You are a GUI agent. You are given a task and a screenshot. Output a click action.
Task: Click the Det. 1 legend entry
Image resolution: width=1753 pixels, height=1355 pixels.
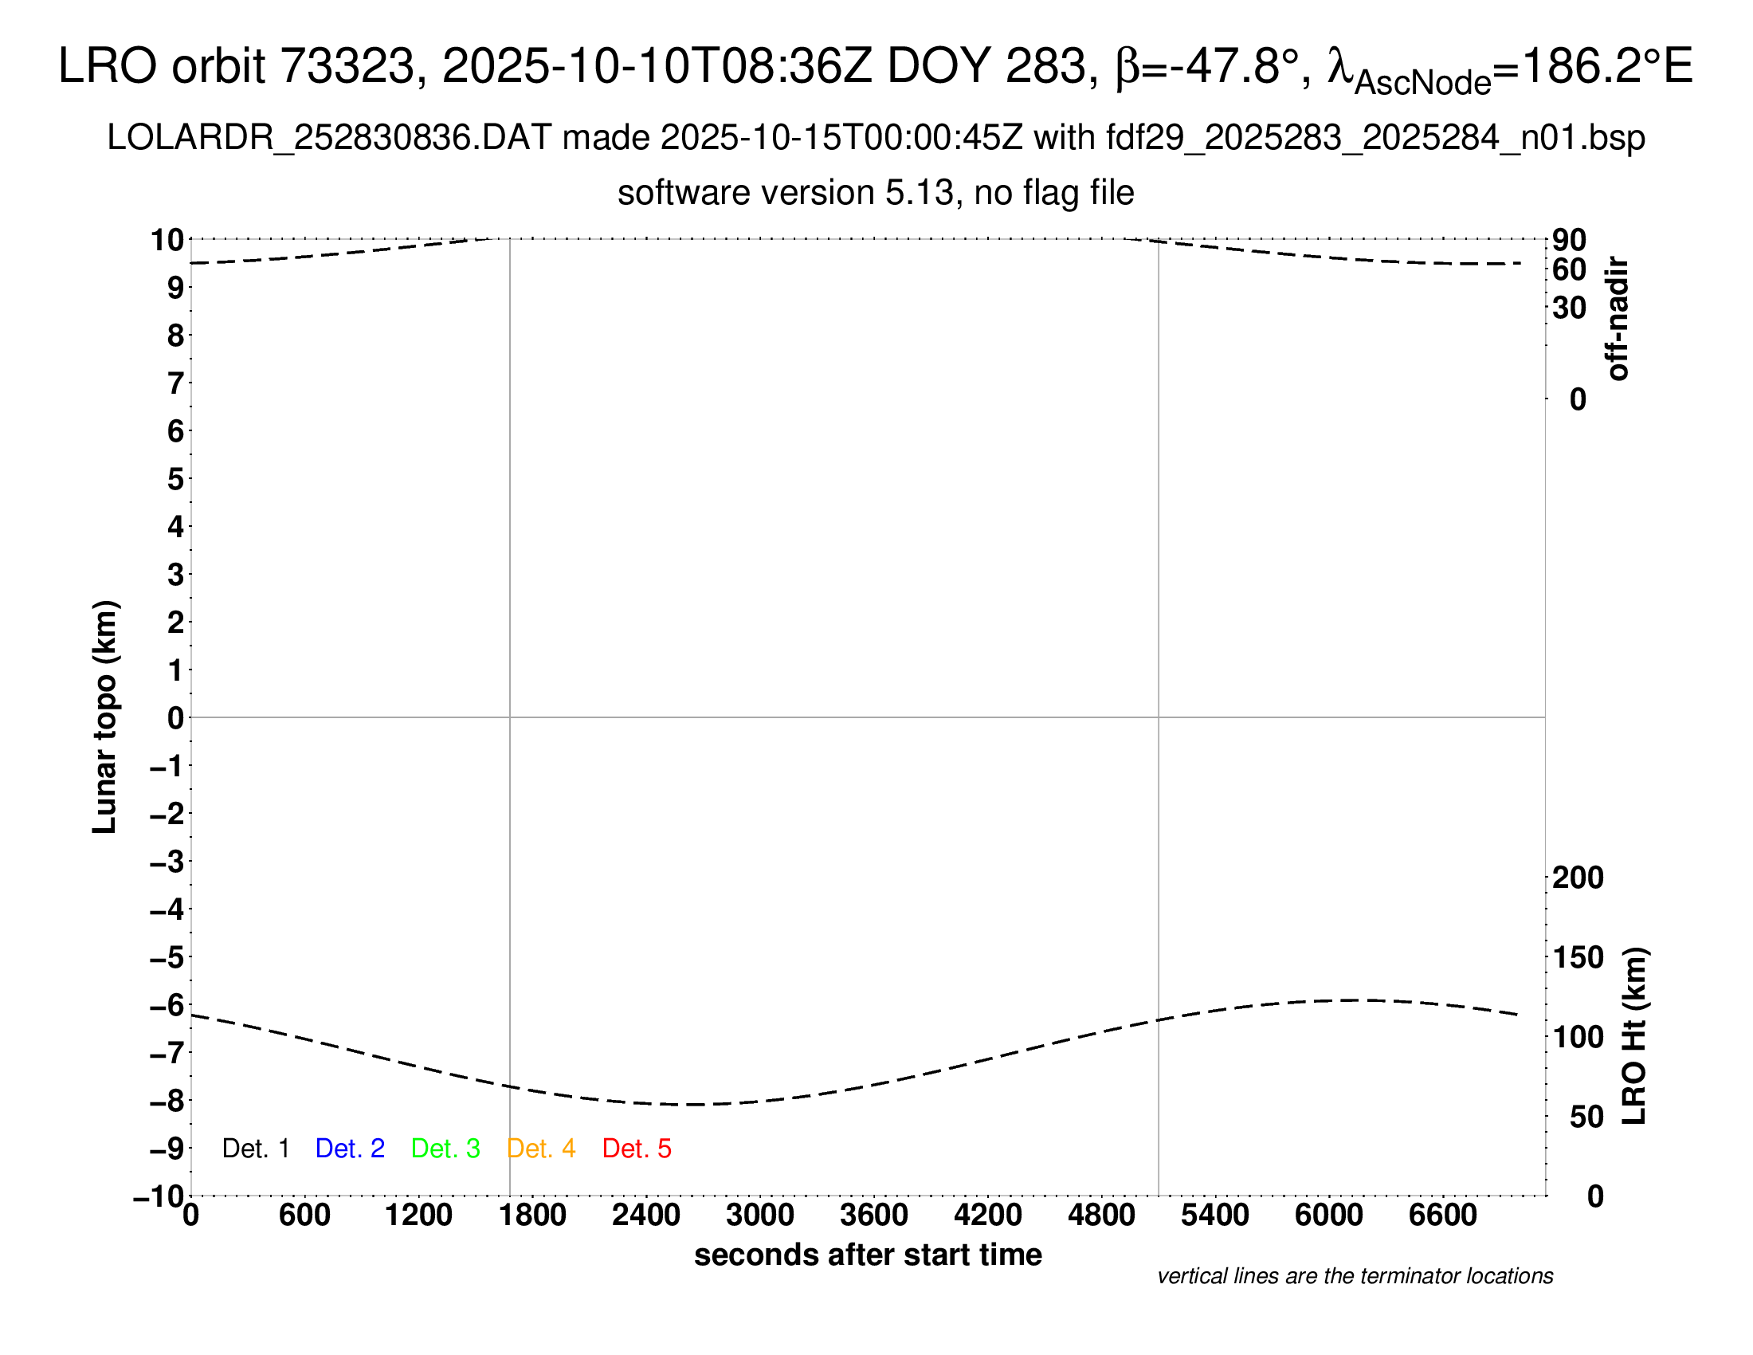tap(255, 1149)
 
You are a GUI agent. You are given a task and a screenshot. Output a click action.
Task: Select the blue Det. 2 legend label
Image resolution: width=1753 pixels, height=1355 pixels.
tap(350, 1149)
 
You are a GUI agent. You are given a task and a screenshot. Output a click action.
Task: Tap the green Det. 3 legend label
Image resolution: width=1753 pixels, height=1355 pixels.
tap(445, 1149)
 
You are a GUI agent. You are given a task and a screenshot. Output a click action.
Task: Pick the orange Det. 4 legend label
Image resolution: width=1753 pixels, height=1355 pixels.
tap(541, 1149)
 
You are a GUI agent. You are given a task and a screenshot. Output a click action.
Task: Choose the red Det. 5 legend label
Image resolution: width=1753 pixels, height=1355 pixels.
tap(637, 1149)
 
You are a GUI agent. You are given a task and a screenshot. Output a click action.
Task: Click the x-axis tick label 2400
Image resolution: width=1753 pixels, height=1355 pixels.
tap(646, 1216)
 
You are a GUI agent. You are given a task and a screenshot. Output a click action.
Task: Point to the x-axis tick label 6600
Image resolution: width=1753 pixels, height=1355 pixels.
tap(1442, 1216)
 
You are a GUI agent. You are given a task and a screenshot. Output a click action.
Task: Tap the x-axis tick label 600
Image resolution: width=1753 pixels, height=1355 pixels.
tap(304, 1216)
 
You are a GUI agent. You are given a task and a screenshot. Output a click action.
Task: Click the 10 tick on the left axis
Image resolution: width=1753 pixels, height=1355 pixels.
tap(168, 239)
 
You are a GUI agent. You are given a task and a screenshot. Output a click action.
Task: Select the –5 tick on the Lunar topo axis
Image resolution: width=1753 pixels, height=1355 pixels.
tap(167, 956)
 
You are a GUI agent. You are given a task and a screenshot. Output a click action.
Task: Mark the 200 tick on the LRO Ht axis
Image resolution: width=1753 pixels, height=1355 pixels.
tap(1578, 878)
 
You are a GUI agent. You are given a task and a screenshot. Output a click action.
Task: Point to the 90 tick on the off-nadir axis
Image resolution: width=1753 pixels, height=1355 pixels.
tap(1569, 240)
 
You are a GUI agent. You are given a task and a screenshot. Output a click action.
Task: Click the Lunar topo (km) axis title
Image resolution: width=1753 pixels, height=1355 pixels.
tap(105, 717)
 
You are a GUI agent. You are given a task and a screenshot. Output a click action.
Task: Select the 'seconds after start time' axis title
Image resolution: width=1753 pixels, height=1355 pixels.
tap(868, 1255)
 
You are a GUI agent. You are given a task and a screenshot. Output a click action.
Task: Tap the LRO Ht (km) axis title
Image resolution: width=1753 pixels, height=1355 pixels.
tap(1634, 1036)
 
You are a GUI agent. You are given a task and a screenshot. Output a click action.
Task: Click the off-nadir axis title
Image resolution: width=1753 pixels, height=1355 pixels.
tap(1618, 319)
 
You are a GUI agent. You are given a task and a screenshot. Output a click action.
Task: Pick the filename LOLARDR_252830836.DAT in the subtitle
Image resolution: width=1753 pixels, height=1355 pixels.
tap(329, 138)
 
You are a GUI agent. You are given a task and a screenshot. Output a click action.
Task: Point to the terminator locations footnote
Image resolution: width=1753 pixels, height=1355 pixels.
tap(1355, 1276)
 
